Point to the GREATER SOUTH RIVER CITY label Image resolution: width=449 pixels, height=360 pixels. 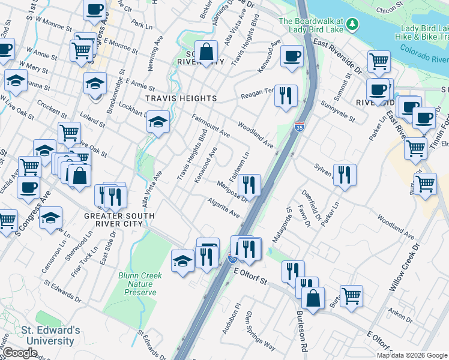[119, 220]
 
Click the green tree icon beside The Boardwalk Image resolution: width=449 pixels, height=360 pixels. [354, 25]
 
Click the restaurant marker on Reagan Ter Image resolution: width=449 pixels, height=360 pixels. [286, 94]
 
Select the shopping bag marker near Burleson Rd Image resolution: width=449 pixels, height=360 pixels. [313, 298]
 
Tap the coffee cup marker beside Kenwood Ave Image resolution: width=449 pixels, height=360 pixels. [292, 56]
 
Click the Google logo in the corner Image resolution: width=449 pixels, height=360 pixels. [20, 353]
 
